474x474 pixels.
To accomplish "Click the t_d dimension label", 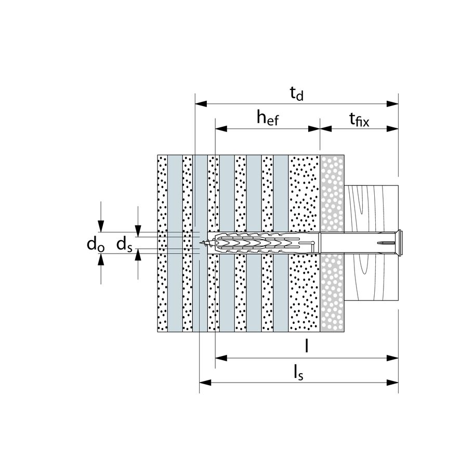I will point(296,94).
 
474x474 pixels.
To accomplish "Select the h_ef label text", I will point(267,119).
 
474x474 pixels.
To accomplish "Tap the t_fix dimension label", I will point(359,120).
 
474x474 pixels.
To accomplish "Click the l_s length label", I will point(298,372).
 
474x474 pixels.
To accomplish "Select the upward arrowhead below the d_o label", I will point(102,260).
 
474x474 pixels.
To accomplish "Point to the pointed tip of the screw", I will point(207,242).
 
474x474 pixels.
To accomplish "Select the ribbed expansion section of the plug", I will point(249,243).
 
